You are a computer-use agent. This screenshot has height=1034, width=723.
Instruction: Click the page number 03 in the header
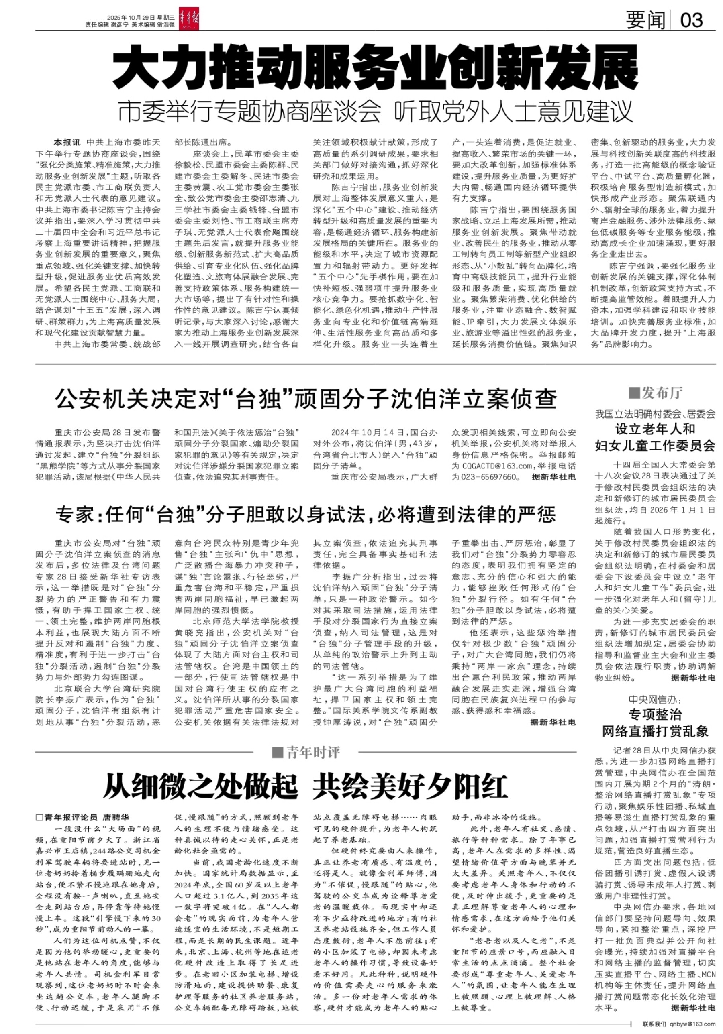pyautogui.click(x=691, y=20)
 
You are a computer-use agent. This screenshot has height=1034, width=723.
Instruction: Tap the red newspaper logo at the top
pyautogui.click(x=189, y=19)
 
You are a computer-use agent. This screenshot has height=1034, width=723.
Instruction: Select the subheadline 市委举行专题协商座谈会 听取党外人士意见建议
pyautogui.click(x=375, y=111)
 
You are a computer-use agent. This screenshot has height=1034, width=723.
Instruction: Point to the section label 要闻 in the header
pyautogui.click(x=645, y=20)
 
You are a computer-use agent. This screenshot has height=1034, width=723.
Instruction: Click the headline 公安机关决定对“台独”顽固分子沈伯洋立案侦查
pyautogui.click(x=306, y=399)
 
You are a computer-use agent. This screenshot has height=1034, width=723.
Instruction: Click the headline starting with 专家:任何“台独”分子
pyautogui.click(x=306, y=514)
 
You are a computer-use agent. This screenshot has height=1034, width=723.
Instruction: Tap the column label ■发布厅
pyautogui.click(x=655, y=393)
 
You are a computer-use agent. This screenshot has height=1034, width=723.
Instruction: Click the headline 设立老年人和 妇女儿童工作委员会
pyautogui.click(x=655, y=437)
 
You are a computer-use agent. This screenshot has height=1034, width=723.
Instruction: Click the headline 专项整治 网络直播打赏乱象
pyautogui.click(x=655, y=723)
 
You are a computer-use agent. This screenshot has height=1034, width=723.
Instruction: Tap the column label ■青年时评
pyautogui.click(x=306, y=752)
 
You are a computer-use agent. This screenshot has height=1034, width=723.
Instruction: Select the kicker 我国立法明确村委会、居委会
pyautogui.click(x=655, y=414)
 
